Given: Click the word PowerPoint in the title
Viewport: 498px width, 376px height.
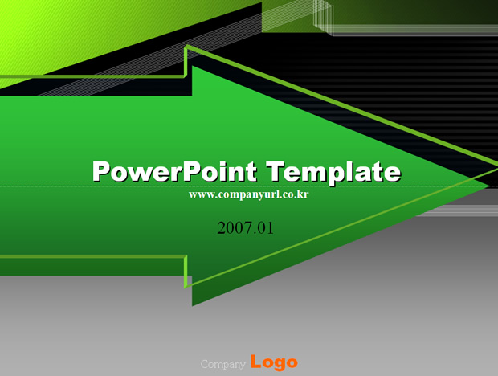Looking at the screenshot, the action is (174, 171).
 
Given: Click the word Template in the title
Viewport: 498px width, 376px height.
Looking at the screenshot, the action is (333, 172).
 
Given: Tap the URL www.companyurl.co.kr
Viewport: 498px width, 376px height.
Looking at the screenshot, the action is (248, 194).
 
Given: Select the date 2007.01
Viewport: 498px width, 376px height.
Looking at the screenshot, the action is (245, 228).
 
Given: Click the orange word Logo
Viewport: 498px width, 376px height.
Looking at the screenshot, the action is (274, 362).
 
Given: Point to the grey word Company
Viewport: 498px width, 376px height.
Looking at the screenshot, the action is (223, 364).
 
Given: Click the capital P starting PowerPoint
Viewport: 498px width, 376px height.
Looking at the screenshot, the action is (101, 171).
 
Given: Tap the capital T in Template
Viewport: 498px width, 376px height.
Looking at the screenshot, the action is (276, 171).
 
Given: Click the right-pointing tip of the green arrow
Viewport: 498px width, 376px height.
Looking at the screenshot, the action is (489, 186).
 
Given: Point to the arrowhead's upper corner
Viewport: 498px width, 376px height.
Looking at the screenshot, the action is (192, 66).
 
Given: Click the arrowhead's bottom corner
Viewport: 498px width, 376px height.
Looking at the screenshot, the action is (192, 306).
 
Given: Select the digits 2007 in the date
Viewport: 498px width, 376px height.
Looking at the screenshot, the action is (233, 228).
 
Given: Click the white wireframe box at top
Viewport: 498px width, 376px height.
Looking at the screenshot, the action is (323, 17).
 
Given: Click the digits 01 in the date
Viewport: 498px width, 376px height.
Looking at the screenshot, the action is (265, 228).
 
